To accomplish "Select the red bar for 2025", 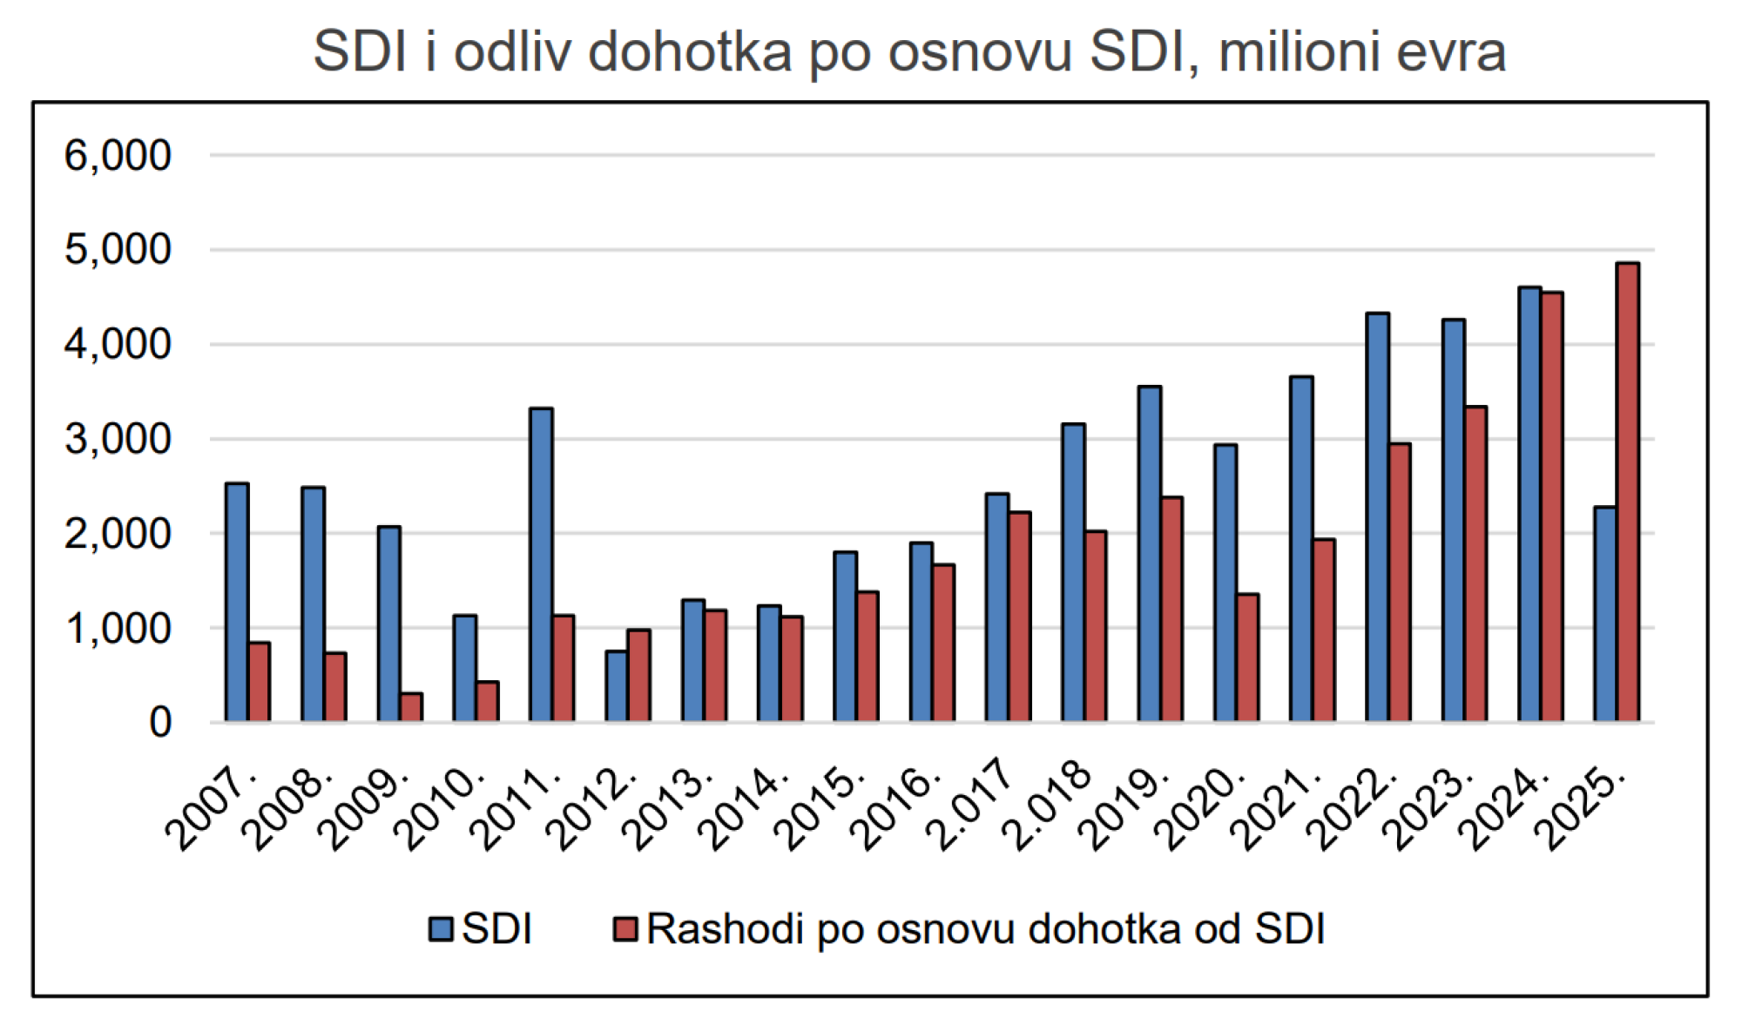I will [x=1627, y=492].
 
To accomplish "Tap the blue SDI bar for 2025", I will [x=1604, y=614].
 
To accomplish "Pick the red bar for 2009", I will [x=411, y=707].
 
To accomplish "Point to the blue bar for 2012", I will [x=617, y=686].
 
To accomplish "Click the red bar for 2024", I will [x=1551, y=507].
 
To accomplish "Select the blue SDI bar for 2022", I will [x=1377, y=517].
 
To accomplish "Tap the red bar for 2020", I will [x=1247, y=657].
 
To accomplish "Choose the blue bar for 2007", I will [x=237, y=602].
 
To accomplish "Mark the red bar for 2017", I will [x=1019, y=617].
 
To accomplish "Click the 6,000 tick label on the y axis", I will [x=118, y=156].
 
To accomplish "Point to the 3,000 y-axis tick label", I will [x=118, y=439].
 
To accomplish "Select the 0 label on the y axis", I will [x=159, y=723].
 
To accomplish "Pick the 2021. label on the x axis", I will [x=1276, y=808].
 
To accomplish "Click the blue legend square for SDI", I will [x=441, y=929].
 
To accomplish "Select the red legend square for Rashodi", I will [x=625, y=929].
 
